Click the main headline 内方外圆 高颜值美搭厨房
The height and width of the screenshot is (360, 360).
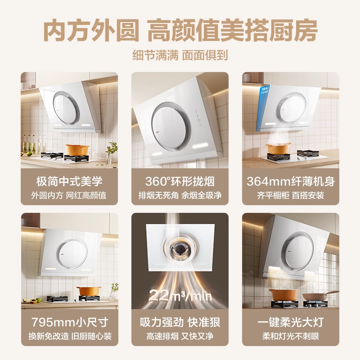pos(180,31)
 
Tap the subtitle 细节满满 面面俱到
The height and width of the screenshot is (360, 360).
pos(180,55)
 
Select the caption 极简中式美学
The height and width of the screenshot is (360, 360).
pos(69,181)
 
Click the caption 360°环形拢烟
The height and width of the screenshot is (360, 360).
pos(180,181)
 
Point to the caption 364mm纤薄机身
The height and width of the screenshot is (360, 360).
pos(291,181)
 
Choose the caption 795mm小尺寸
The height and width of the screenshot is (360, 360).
pos(70,322)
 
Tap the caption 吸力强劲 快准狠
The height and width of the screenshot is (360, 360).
pos(180,322)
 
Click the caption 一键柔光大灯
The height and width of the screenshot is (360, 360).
pos(291,322)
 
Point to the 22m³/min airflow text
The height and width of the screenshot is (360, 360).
pos(180,295)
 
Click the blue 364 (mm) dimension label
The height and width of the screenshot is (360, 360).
pos(265,90)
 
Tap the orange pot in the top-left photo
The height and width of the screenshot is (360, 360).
pos(77,149)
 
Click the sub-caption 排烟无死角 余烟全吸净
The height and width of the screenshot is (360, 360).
pos(180,195)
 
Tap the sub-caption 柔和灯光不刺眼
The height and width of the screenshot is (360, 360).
pos(291,336)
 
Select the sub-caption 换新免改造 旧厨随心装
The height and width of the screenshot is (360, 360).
pos(70,336)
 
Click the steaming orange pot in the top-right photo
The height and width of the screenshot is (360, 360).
pos(278,148)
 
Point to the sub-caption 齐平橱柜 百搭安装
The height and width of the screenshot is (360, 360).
pos(291,195)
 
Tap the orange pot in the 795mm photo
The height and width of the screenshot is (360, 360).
pos(89,291)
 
